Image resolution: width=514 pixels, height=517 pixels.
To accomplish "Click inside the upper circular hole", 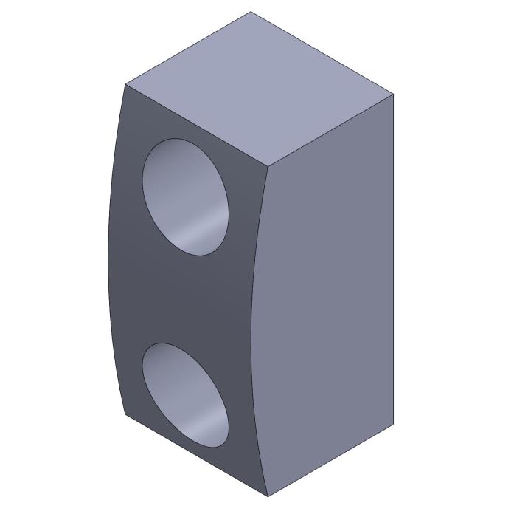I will pyautogui.click(x=185, y=197).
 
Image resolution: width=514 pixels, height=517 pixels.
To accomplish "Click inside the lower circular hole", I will pyautogui.click(x=185, y=395).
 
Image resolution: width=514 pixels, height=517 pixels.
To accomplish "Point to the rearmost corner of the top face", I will pyautogui.click(x=251, y=12).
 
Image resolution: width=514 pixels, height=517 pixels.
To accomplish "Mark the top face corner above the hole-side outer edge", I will pyautogui.click(x=125, y=85).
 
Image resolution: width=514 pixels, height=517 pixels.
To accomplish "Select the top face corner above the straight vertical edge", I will pyautogui.click(x=393, y=95).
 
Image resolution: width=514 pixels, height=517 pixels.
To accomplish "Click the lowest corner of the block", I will pyautogui.click(x=267, y=496).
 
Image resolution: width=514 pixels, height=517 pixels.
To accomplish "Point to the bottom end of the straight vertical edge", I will pyautogui.click(x=393, y=425).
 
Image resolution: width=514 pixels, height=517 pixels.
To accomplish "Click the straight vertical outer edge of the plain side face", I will pyautogui.click(x=393, y=258).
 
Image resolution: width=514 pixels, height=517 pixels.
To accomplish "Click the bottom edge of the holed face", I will pyautogui.click(x=195, y=455).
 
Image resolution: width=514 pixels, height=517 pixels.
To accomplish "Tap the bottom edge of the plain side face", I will pyautogui.click(x=330, y=461).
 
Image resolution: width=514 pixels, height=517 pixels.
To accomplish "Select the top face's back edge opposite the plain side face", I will pyautogui.click(x=188, y=48).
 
